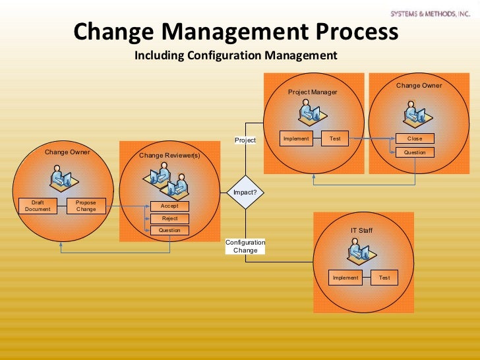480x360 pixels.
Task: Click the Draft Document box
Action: click(37, 206)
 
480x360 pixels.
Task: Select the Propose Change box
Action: click(86, 206)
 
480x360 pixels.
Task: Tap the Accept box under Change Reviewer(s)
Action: click(169, 206)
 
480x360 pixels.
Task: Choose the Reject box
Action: click(169, 218)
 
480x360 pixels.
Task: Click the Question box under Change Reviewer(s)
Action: click(169, 230)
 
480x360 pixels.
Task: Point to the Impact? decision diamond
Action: click(245, 193)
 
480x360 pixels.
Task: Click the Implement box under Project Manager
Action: click(296, 138)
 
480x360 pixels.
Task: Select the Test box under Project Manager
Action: click(335, 138)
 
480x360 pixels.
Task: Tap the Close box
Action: click(415, 138)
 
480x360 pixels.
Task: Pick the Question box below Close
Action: click(415, 152)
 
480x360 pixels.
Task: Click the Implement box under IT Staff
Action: click(345, 278)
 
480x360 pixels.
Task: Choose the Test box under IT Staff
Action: click(384, 278)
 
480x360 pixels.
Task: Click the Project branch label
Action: click(245, 140)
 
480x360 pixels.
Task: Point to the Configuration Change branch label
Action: click(245, 246)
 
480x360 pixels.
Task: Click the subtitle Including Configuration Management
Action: click(236, 55)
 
